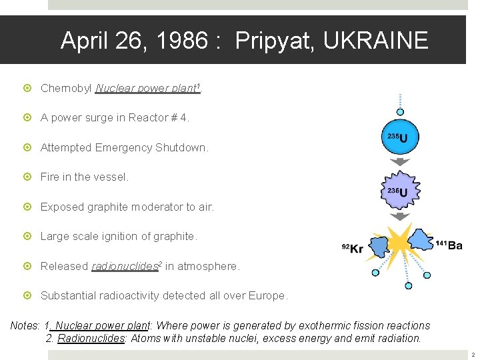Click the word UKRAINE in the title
click(x=375, y=41)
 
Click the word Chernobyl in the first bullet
click(x=66, y=88)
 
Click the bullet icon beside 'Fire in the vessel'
click(x=27, y=177)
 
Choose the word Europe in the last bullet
click(x=267, y=295)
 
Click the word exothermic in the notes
click(x=288, y=325)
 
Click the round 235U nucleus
click(x=400, y=138)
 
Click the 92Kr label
click(x=352, y=249)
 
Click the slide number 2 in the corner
click(x=471, y=355)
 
